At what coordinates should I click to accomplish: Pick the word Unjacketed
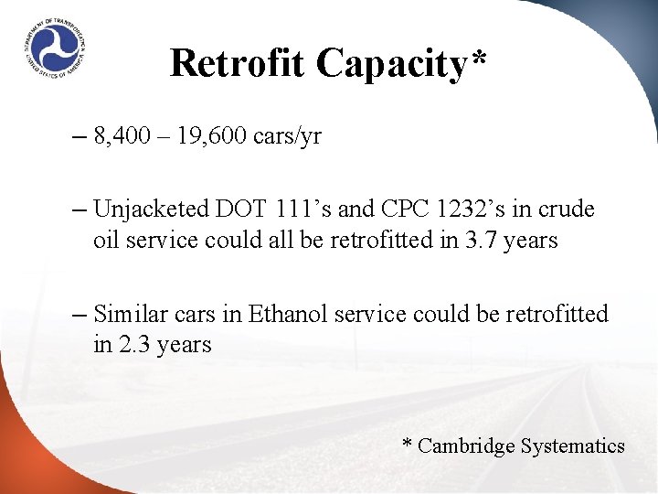[152, 209]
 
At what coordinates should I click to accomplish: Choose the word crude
[567, 209]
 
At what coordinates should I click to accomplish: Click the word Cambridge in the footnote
[466, 446]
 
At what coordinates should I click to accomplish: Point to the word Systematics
[573, 446]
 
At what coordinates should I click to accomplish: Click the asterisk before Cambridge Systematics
[408, 444]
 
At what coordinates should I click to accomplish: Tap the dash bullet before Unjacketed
[78, 210]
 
